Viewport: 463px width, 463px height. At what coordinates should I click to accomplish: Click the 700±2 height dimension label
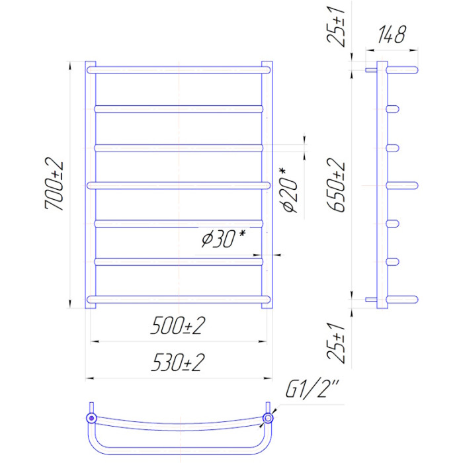pos(54,186)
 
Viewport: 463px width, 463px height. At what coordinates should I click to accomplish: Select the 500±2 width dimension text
pos(178,325)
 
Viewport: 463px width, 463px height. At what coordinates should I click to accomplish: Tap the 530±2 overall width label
pos(178,362)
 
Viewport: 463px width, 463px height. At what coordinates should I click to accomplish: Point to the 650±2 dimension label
pos(336,185)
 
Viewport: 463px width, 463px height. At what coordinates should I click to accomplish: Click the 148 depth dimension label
pos(392,34)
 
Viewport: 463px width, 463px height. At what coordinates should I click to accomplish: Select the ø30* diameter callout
pos(224,239)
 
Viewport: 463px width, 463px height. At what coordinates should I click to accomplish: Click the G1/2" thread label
pos(312,389)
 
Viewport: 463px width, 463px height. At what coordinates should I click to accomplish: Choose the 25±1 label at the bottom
pos(336,343)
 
